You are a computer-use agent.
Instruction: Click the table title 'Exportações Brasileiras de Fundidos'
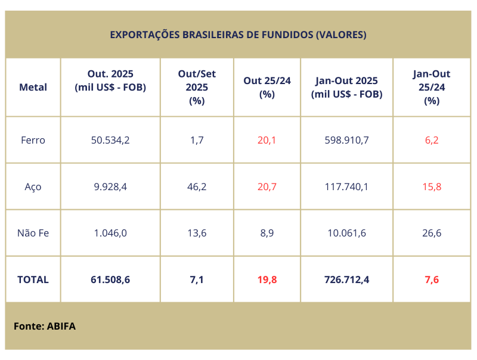pyautogui.click(x=238, y=35)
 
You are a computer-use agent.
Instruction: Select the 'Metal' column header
pyautogui.click(x=33, y=87)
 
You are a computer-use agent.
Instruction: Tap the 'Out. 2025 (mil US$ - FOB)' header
pyautogui.click(x=110, y=80)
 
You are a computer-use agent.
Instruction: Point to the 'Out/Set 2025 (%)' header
pyautogui.click(x=197, y=87)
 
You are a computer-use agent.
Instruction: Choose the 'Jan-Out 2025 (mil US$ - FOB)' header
pyautogui.click(x=346, y=87)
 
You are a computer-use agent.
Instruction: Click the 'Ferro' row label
pyautogui.click(x=33, y=141)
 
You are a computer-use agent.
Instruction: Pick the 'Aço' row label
pyautogui.click(x=33, y=187)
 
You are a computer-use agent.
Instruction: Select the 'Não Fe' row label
pyautogui.click(x=33, y=233)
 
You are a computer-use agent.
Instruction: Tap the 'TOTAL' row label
pyautogui.click(x=33, y=279)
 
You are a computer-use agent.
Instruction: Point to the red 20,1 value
pyautogui.click(x=267, y=141)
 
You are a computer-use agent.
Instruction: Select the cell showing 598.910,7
pyautogui.click(x=346, y=141)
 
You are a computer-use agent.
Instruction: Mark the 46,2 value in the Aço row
pyautogui.click(x=197, y=187)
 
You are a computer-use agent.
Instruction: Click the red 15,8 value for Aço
pyautogui.click(x=431, y=187)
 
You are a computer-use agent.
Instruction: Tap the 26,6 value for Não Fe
pyautogui.click(x=431, y=233)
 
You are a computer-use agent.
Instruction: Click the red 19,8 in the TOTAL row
pyautogui.click(x=267, y=279)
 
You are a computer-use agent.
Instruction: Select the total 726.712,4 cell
pyautogui.click(x=346, y=279)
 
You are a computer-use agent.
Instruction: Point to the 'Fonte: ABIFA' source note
pyautogui.click(x=45, y=326)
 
